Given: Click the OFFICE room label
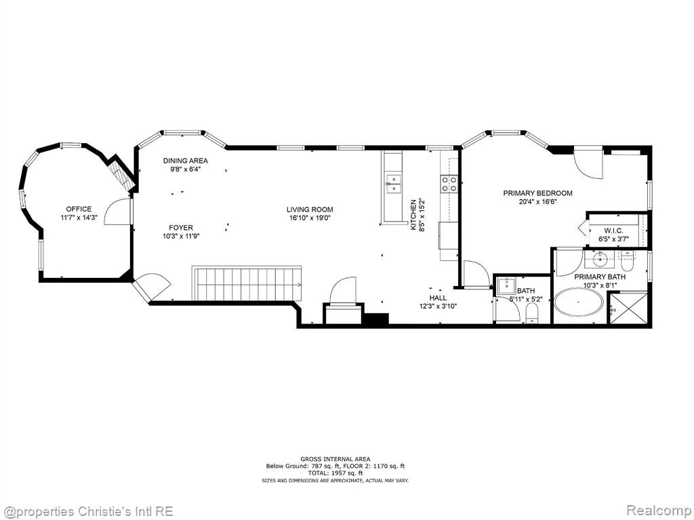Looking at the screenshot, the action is pos(79,209).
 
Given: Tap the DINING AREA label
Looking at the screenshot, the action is pos(186,161).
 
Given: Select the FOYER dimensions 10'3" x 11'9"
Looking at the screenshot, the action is pos(181,236).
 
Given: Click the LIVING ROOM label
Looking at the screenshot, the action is pos(310,209).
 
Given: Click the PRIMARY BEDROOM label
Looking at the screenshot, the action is pos(537,193).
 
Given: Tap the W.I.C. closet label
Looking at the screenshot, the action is pos(613,231).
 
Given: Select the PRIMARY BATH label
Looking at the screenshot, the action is pos(600,277).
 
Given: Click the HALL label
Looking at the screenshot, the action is pos(438,298).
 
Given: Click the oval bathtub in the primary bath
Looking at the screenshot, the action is pos(579,302).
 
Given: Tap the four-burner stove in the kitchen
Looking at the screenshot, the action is pos(449,184).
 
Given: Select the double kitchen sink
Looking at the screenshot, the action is pos(393,184).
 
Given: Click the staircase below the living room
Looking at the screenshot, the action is pos(247,283).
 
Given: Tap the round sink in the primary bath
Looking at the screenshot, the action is pos(600,260).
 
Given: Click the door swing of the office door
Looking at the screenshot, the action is pos(115,212).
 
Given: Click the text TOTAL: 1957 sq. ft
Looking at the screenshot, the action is pos(335,473).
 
